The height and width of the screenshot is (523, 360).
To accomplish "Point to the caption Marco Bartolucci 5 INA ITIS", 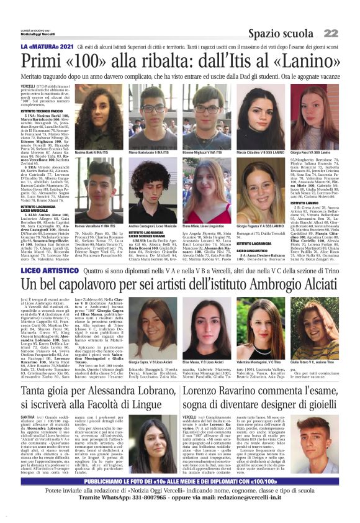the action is point(150,152).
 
